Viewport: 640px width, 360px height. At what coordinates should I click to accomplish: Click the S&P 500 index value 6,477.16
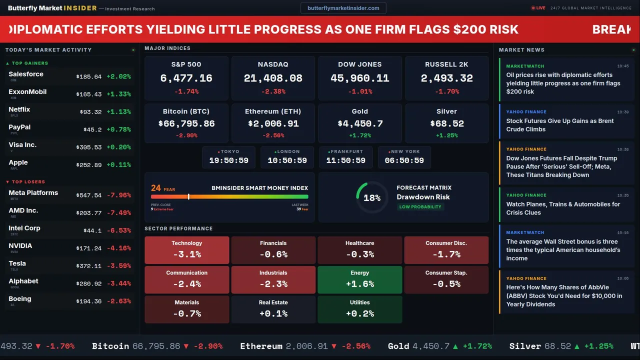click(x=186, y=78)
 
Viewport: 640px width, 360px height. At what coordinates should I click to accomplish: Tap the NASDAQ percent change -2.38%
click(x=273, y=91)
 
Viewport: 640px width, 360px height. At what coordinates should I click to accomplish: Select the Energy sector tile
click(x=359, y=279)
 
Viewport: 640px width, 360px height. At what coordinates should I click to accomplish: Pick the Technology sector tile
click(x=186, y=249)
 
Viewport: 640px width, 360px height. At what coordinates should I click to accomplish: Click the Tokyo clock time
click(x=228, y=160)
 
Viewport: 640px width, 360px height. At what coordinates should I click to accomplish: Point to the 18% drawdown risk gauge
click(x=372, y=197)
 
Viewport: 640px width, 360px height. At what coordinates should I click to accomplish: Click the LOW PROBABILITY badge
click(x=420, y=207)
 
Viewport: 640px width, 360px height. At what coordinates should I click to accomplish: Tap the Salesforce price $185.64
click(x=89, y=77)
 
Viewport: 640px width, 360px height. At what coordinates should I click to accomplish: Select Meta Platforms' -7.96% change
click(x=119, y=195)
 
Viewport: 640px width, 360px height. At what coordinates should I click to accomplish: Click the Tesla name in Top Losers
click(x=17, y=263)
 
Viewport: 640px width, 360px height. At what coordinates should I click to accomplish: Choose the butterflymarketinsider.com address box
click(x=343, y=8)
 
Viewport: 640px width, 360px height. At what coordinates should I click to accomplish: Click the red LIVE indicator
click(x=538, y=8)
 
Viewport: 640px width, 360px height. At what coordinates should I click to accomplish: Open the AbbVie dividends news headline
click(x=564, y=295)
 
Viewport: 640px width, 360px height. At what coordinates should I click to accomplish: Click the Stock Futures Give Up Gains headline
click(x=559, y=125)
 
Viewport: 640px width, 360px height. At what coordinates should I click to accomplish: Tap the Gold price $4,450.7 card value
click(x=359, y=123)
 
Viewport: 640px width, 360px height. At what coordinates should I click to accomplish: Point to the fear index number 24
click(x=156, y=188)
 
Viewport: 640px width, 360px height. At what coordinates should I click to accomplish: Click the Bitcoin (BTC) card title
click(x=186, y=111)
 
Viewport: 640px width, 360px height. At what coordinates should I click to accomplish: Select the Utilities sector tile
click(x=359, y=309)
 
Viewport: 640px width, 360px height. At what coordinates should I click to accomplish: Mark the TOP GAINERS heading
click(x=30, y=63)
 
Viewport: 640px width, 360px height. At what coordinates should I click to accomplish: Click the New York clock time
click(x=404, y=160)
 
